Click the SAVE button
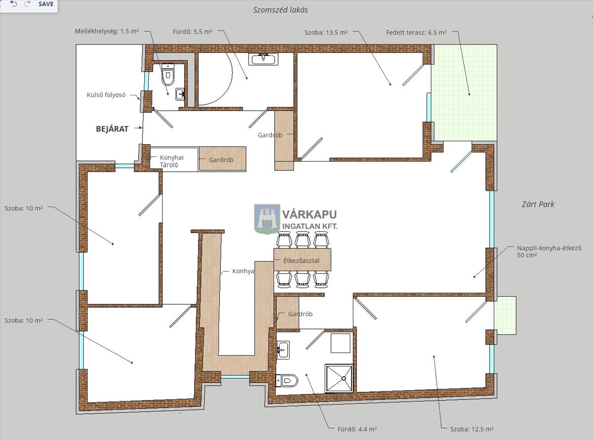[x=46, y=4]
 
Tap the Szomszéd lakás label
[x=281, y=10]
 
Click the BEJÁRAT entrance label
[x=112, y=129]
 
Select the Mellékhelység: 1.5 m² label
[x=107, y=31]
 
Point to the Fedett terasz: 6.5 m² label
[x=416, y=33]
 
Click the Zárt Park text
[x=538, y=204]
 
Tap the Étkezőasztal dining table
[x=302, y=260]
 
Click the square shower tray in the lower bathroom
[x=339, y=378]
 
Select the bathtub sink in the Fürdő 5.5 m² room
[x=263, y=59]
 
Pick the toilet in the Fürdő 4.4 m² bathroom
[x=287, y=380]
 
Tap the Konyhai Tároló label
[x=171, y=161]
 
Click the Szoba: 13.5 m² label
[x=326, y=33]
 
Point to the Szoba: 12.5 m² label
[x=471, y=429]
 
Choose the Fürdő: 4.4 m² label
[x=357, y=429]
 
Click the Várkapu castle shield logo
[x=267, y=219]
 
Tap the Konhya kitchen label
[x=243, y=272]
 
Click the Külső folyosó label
[x=106, y=95]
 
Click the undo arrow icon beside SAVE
[x=14, y=4]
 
